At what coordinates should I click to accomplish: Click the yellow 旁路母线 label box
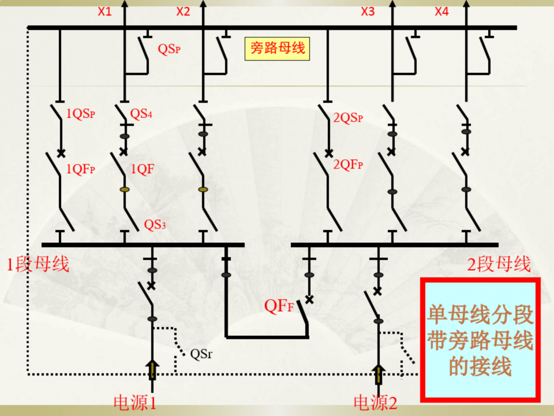point(277,49)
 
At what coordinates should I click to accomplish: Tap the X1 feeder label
point(105,11)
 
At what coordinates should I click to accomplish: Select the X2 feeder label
point(183,11)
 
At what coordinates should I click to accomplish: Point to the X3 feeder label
point(368,11)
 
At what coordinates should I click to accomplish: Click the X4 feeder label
point(442,11)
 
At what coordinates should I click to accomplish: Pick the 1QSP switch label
point(81,115)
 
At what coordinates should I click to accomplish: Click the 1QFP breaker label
point(81,169)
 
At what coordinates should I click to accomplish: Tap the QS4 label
point(141,114)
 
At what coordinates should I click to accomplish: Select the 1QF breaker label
point(143,169)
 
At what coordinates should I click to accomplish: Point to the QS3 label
point(154,224)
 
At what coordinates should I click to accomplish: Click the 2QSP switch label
point(348,118)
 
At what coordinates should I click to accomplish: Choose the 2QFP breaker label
point(348,165)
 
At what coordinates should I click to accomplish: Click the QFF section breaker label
point(279,306)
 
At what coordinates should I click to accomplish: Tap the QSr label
point(201,354)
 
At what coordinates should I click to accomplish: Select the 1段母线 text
point(37,264)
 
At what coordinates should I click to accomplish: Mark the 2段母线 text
point(499,264)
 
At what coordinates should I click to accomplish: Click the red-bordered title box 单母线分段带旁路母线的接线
point(480,340)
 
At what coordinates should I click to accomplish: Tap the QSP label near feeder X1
point(169,50)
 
